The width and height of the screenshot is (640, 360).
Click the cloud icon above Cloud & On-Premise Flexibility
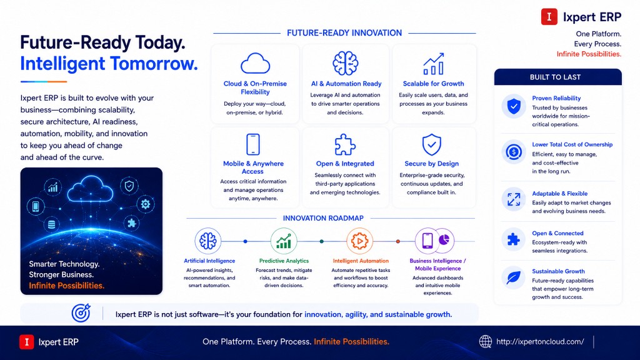[255, 63]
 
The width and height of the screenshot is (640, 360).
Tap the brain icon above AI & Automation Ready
[345, 63]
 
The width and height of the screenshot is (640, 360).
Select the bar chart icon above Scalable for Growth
[434, 64]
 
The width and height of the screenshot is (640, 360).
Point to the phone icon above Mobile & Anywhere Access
[253, 144]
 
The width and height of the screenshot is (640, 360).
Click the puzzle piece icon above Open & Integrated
[345, 144]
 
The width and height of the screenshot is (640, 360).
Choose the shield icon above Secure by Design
[431, 144]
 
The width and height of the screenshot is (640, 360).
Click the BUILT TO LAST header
[555, 77]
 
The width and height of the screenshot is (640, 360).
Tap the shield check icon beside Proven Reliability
[514, 106]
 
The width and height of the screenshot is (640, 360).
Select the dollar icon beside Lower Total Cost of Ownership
[514, 152]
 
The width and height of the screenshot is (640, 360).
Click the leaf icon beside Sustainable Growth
[514, 278]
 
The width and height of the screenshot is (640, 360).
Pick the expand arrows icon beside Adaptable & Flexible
[514, 199]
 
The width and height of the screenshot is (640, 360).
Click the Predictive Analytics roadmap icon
[284, 241]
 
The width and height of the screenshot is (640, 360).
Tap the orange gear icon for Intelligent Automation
[359, 241]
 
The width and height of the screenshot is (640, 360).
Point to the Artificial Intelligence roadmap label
[209, 261]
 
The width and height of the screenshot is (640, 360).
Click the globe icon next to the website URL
[485, 342]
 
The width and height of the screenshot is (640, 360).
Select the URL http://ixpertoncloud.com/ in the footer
[540, 342]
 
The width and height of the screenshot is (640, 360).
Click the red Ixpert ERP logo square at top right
[549, 17]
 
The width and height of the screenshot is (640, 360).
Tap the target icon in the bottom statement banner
[81, 313]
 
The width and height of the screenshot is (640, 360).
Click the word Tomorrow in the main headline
[154, 64]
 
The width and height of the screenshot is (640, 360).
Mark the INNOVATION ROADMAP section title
[323, 218]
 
